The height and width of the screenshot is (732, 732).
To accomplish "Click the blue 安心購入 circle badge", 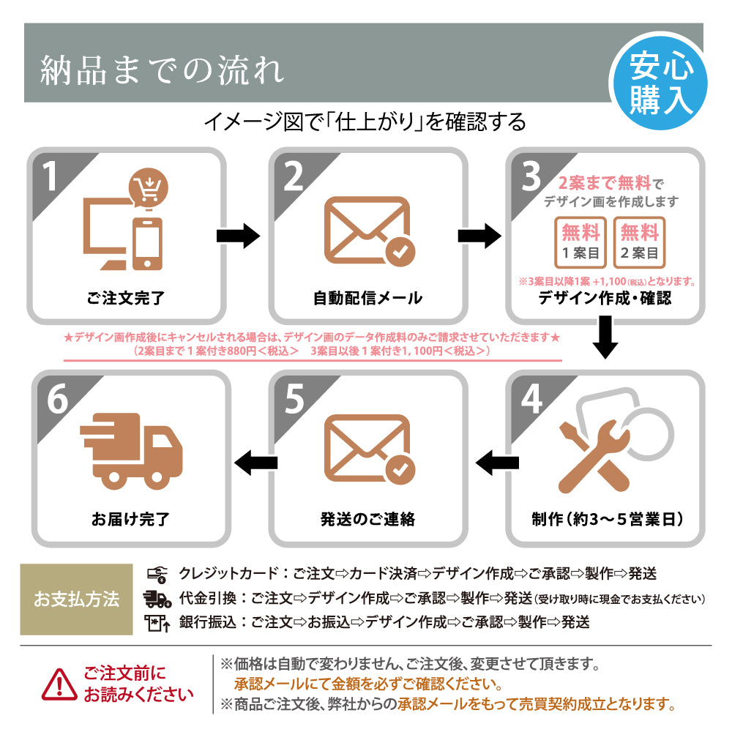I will click(661, 83).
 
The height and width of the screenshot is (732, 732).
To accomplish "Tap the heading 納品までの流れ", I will click(162, 71).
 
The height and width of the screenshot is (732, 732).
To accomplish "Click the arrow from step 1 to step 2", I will click(239, 236).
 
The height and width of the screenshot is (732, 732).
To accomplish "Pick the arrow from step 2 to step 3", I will click(479, 236).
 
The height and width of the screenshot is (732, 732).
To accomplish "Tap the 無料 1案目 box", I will click(581, 242).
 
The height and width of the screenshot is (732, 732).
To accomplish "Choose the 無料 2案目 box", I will click(639, 242).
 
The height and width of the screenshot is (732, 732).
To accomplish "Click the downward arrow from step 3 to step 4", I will click(605, 337).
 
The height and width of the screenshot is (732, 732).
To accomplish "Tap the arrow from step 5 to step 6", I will click(255, 461).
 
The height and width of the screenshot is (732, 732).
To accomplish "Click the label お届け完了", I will click(131, 519).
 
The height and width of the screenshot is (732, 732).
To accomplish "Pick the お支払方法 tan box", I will click(76, 600).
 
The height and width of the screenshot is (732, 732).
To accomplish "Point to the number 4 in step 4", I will click(531, 400).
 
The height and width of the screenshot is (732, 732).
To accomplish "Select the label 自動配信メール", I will click(367, 298).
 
